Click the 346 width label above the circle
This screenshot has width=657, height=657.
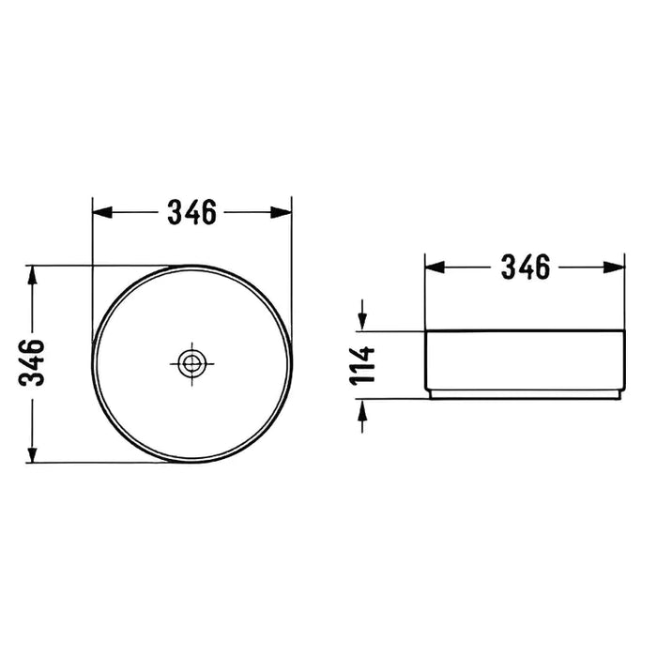coord(191,212)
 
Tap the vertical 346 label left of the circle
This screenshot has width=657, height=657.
coord(31,363)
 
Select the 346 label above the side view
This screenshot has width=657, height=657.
coord(526,267)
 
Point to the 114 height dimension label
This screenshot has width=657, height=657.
coord(362,365)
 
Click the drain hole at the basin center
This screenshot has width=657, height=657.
coord(191,363)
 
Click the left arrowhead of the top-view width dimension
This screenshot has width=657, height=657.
coord(102,212)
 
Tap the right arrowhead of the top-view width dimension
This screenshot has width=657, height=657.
coord(282,212)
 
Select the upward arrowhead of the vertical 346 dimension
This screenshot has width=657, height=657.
coord(32,275)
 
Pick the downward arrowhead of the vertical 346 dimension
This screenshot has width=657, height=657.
coord(32,454)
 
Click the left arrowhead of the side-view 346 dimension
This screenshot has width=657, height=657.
coord(435,267)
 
